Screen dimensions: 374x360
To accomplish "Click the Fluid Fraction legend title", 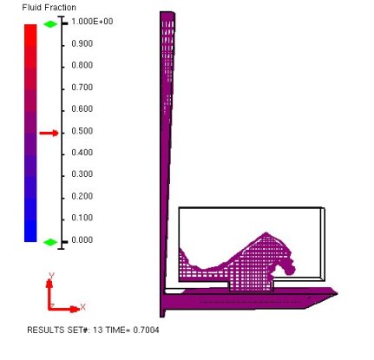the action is click(49, 8).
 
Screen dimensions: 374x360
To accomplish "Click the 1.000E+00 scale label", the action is click(92, 22).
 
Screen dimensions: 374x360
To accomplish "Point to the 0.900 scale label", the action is click(82, 43).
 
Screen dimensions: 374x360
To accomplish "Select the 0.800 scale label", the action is click(82, 65).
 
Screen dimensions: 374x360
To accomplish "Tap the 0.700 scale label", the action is click(82, 87).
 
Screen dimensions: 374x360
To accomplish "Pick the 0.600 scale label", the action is click(82, 109).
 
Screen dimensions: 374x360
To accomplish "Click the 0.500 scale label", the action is click(82, 131).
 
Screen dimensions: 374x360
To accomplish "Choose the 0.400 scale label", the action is click(82, 153).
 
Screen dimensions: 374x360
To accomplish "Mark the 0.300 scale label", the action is click(82, 174).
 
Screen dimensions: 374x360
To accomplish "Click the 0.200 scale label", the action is click(82, 196).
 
